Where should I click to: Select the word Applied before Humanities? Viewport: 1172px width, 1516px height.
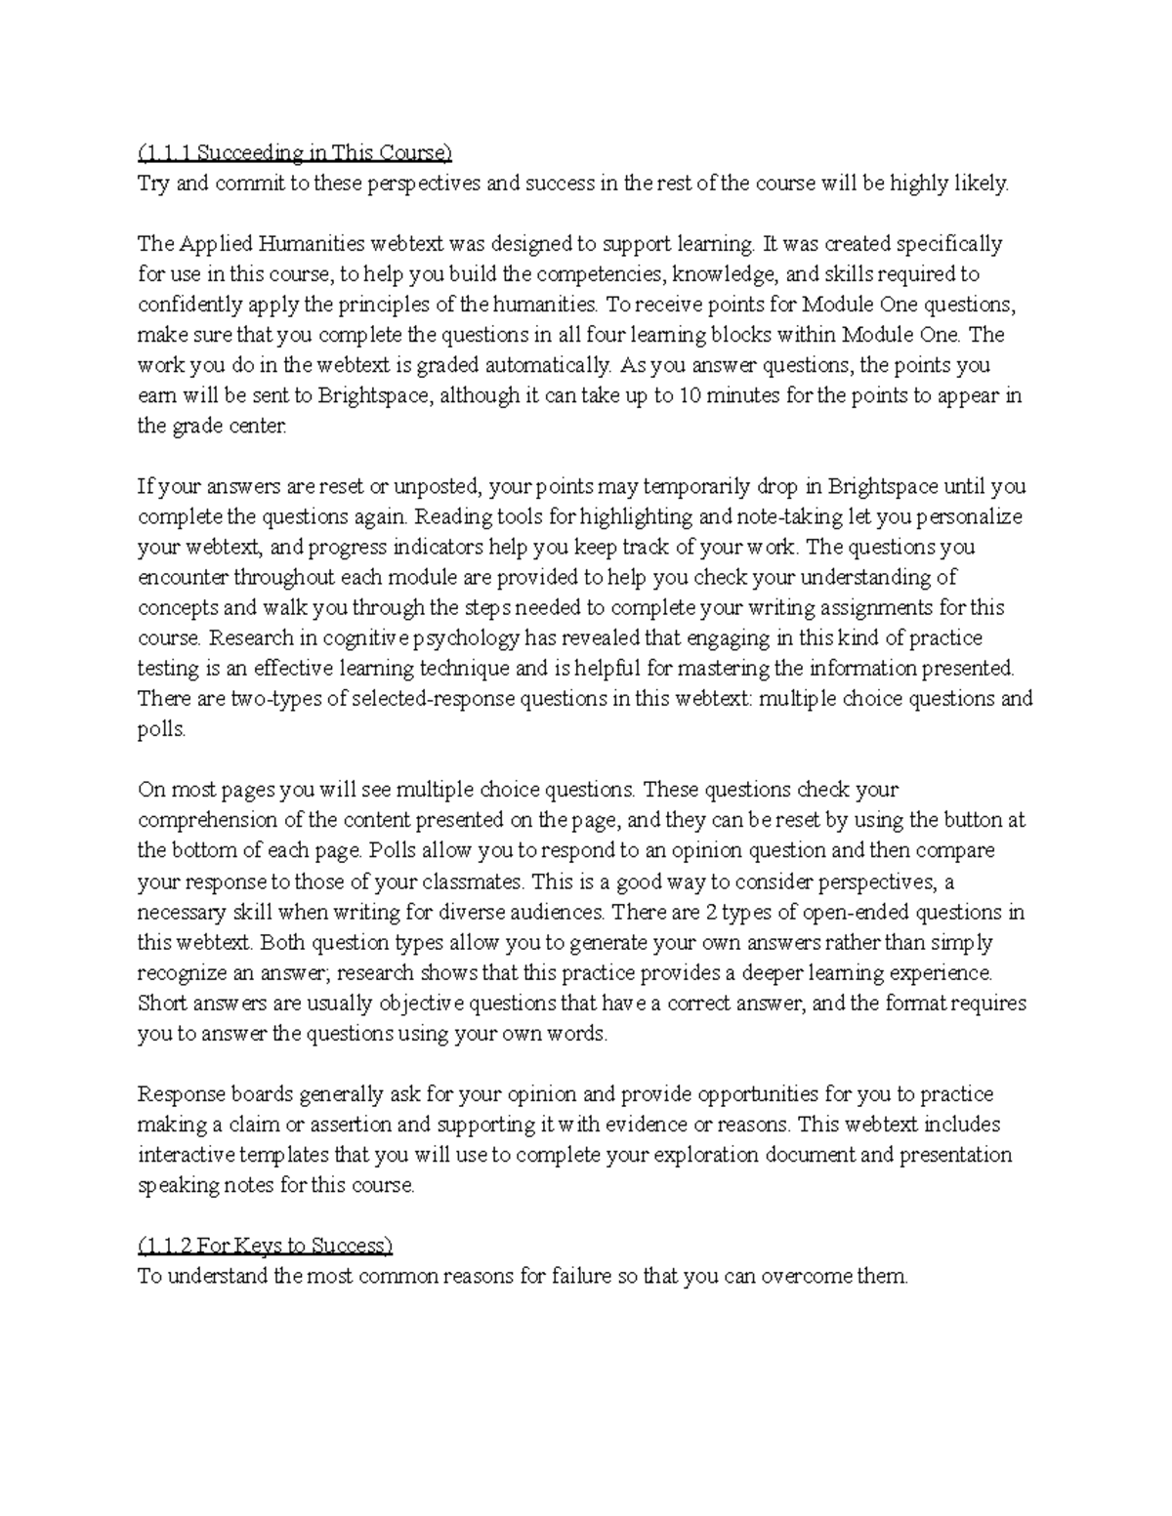click(208, 243)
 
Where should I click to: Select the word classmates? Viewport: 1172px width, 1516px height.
click(475, 881)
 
